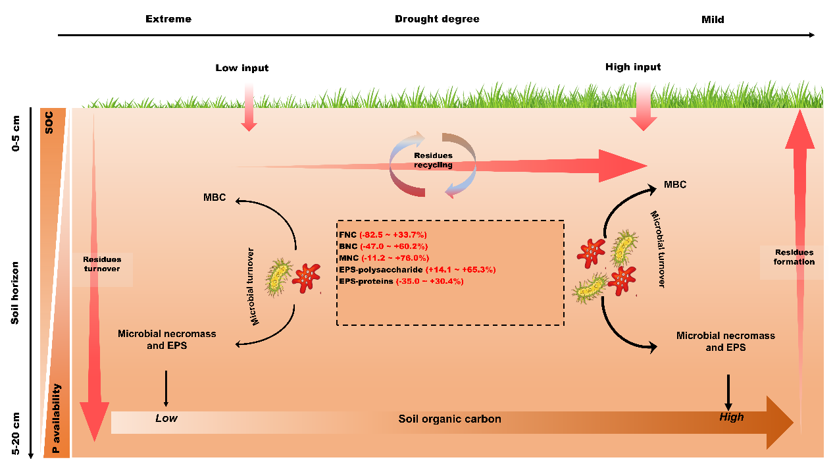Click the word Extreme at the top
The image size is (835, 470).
[168, 19]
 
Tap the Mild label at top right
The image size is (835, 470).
[713, 20]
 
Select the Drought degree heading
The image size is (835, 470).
[437, 19]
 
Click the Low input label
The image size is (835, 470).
[242, 68]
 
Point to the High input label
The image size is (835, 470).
[633, 67]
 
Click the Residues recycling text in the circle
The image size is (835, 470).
[433, 160]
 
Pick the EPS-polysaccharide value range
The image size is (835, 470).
[461, 270]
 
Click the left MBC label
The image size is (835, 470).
[215, 197]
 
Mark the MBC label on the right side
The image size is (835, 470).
[675, 184]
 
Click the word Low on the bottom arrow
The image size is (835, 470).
[166, 418]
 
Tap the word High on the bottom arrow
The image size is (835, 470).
[732, 417]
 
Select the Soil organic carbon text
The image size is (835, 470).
[449, 419]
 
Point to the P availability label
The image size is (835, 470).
[57, 420]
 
